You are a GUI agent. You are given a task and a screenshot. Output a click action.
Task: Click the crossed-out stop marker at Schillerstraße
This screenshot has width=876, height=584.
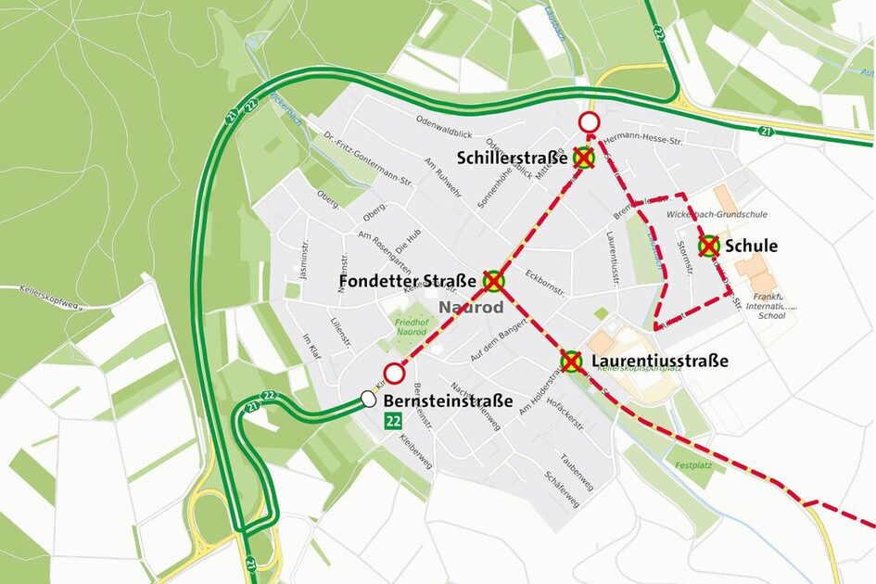[x=583, y=158]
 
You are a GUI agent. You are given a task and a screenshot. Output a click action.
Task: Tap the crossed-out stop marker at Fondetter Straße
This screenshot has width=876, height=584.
[x=493, y=280]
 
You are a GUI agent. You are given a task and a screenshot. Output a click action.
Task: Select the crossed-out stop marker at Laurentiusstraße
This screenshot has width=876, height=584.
[x=572, y=362]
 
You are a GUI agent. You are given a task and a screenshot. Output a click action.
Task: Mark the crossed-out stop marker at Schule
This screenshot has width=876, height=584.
[x=709, y=246]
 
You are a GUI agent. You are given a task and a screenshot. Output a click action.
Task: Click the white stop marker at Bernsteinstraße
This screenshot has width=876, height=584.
[x=368, y=400]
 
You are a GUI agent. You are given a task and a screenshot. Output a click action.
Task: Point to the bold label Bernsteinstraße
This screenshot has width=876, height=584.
[x=448, y=401]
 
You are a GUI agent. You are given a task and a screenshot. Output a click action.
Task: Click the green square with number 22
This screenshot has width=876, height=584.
[x=393, y=422]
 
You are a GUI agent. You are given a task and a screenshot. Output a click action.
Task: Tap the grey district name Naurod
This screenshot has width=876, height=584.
[x=471, y=307]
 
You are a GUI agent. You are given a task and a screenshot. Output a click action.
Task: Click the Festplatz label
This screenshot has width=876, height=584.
[x=692, y=464]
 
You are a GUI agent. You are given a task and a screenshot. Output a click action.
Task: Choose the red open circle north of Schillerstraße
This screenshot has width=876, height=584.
[x=589, y=122]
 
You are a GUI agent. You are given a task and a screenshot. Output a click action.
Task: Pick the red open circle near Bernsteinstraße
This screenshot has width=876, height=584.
[x=395, y=374]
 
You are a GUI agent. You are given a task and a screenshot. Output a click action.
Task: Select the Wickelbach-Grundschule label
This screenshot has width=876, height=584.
[x=717, y=214]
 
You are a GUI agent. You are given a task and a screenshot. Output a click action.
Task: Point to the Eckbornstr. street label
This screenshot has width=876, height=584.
[x=544, y=282]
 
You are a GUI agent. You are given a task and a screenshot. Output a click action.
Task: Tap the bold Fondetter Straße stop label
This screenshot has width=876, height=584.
[x=408, y=280]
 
